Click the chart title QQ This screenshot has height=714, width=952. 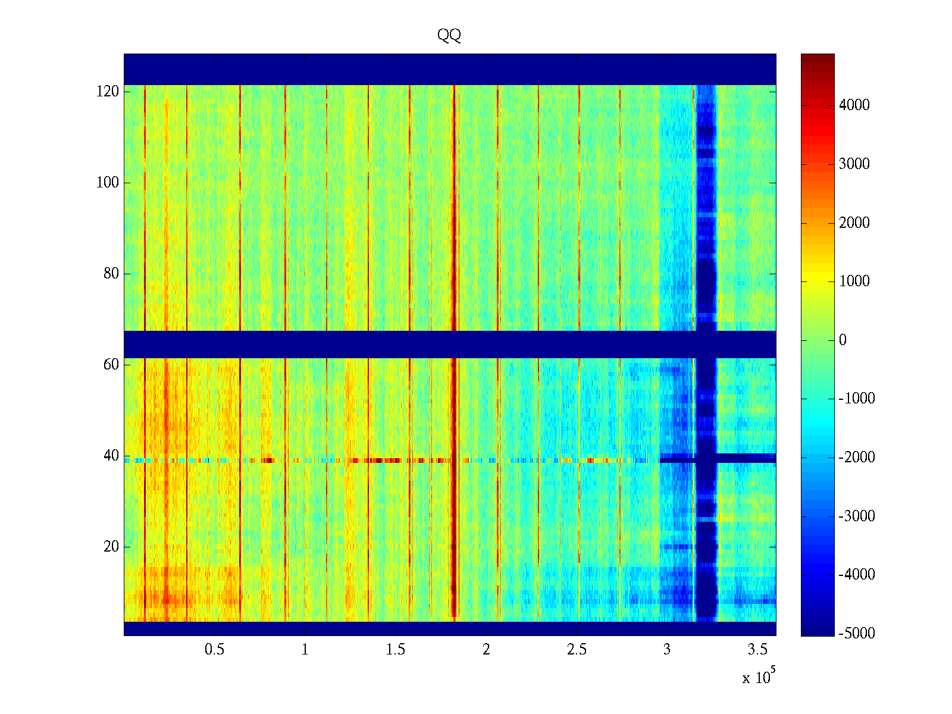449,36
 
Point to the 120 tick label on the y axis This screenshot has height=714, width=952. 108,92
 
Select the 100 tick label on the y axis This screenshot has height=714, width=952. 108,183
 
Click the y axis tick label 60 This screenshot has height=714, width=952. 111,365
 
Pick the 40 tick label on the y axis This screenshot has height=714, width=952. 111,456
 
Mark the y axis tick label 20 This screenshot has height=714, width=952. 111,547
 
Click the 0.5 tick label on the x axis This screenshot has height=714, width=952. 214,650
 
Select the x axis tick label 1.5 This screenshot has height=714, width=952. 396,650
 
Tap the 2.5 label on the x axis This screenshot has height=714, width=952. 577,650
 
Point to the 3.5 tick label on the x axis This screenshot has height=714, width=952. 757,650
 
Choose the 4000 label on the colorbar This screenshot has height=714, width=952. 854,105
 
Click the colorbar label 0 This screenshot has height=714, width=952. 843,340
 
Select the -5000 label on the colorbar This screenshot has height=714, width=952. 857,634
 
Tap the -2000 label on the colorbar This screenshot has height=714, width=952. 857,458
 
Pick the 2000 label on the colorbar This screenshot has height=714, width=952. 854,223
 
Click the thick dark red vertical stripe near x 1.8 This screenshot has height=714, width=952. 454,476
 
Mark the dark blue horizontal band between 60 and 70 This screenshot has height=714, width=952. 416,345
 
